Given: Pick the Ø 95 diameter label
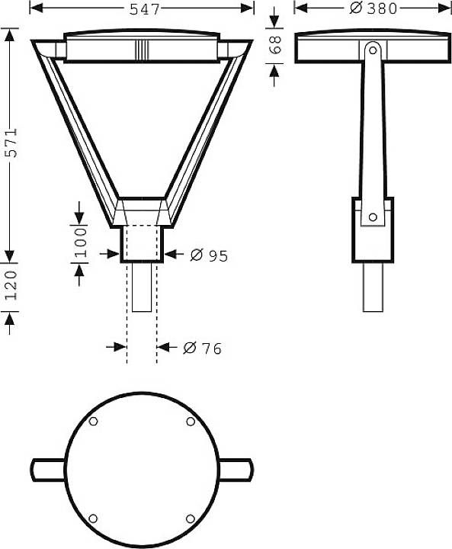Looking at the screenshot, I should (x=210, y=256).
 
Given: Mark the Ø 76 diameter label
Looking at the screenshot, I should (x=203, y=348).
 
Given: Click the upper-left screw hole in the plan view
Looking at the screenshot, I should (x=93, y=422).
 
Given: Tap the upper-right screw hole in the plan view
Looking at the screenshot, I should (x=190, y=422).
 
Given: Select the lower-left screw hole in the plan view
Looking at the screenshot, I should (x=93, y=518).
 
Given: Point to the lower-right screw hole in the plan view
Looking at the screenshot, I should (x=190, y=518).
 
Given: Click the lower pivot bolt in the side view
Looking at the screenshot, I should (x=373, y=217).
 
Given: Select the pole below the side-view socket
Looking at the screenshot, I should (x=372, y=287).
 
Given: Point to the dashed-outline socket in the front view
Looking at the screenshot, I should (x=142, y=242).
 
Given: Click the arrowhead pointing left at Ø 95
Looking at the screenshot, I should (x=171, y=255).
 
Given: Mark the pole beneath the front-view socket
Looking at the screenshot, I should (x=142, y=287).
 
